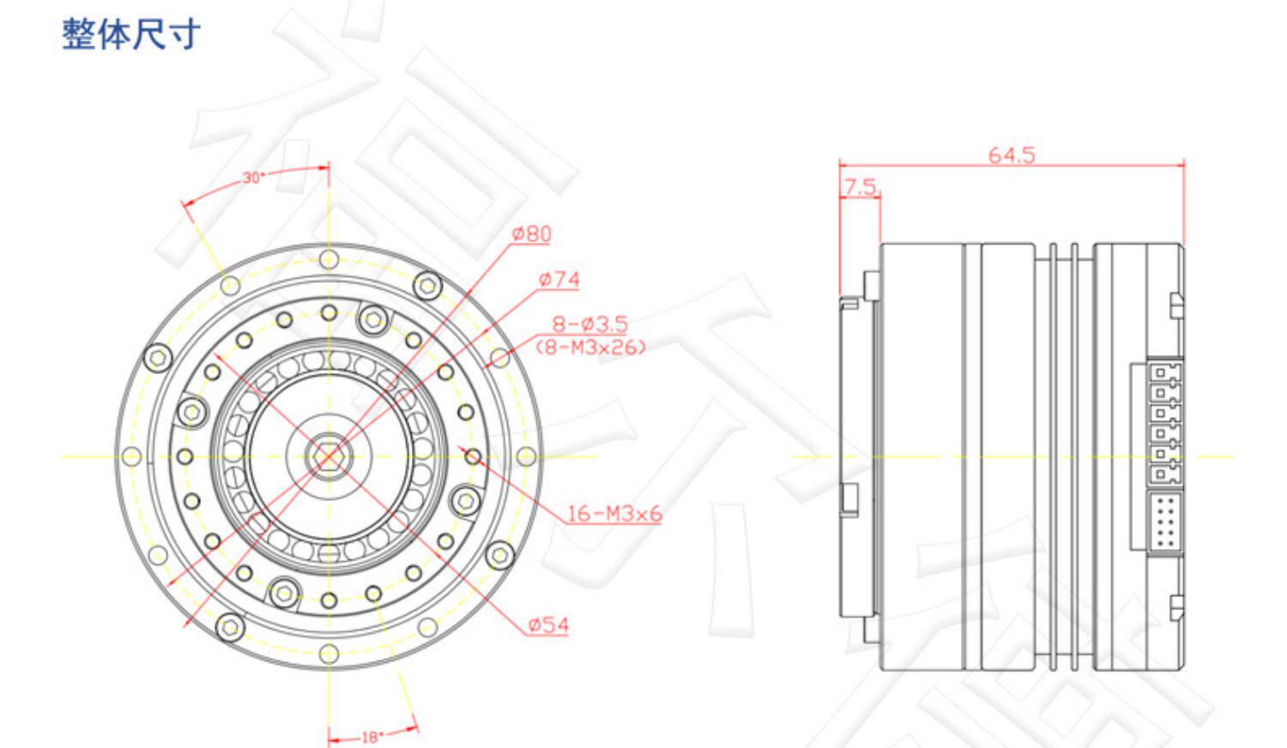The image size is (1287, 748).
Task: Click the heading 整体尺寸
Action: pos(131,34)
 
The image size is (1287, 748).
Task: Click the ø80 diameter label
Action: pos(531,234)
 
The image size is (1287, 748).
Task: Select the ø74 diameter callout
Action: pos(559,280)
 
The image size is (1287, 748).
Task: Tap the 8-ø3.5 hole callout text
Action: pos(590,324)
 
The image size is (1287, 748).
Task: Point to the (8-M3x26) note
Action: pos(590,347)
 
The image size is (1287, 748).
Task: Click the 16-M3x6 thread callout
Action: pos(614,514)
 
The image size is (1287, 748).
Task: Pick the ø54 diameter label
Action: pos(548,625)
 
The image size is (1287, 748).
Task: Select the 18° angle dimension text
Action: pos(372,737)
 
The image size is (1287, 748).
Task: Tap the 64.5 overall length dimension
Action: pos(1012,155)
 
